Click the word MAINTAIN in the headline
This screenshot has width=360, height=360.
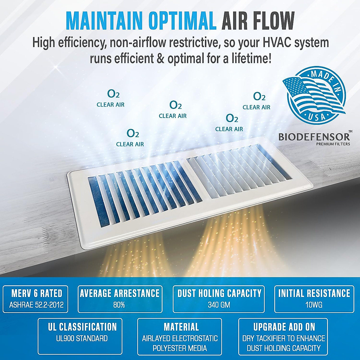pos(104,21)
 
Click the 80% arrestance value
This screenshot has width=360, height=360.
pos(119,305)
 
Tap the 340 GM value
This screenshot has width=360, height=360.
pos(219,305)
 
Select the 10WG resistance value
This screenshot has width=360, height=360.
pos(314,305)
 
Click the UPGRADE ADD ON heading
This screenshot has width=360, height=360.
pos(284,327)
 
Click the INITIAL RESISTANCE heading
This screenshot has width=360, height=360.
pos(314,293)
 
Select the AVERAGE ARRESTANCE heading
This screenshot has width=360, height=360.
pos(120,293)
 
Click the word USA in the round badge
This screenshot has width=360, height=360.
pos(317,117)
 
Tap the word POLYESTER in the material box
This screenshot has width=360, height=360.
pos(166,348)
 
